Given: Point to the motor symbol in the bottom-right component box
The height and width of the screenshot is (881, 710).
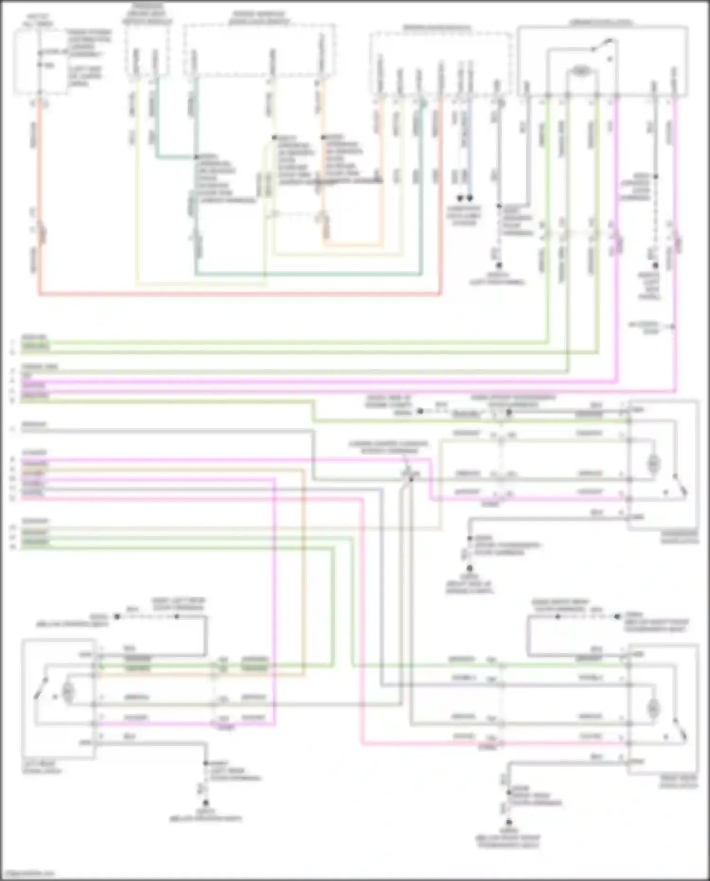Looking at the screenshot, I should click(x=654, y=709).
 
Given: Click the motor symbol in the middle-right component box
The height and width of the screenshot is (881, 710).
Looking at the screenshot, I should click(x=654, y=464).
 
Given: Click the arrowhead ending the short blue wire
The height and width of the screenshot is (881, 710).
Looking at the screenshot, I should click(x=470, y=199).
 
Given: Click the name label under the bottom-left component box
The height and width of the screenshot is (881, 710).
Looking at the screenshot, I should click(x=42, y=767).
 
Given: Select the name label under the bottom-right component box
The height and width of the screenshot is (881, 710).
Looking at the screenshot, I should click(x=678, y=782).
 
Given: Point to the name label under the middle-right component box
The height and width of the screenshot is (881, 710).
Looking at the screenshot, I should click(x=680, y=537).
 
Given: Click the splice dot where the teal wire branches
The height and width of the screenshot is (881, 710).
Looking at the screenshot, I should click(x=195, y=157).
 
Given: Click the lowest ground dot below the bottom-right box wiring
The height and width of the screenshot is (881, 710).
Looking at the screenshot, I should click(x=508, y=822).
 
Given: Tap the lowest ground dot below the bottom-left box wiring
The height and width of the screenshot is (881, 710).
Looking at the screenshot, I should click(x=206, y=803).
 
